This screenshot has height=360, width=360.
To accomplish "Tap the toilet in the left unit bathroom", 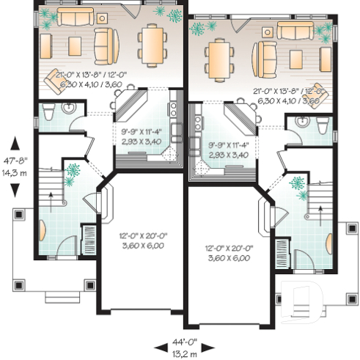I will pos(47,111).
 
